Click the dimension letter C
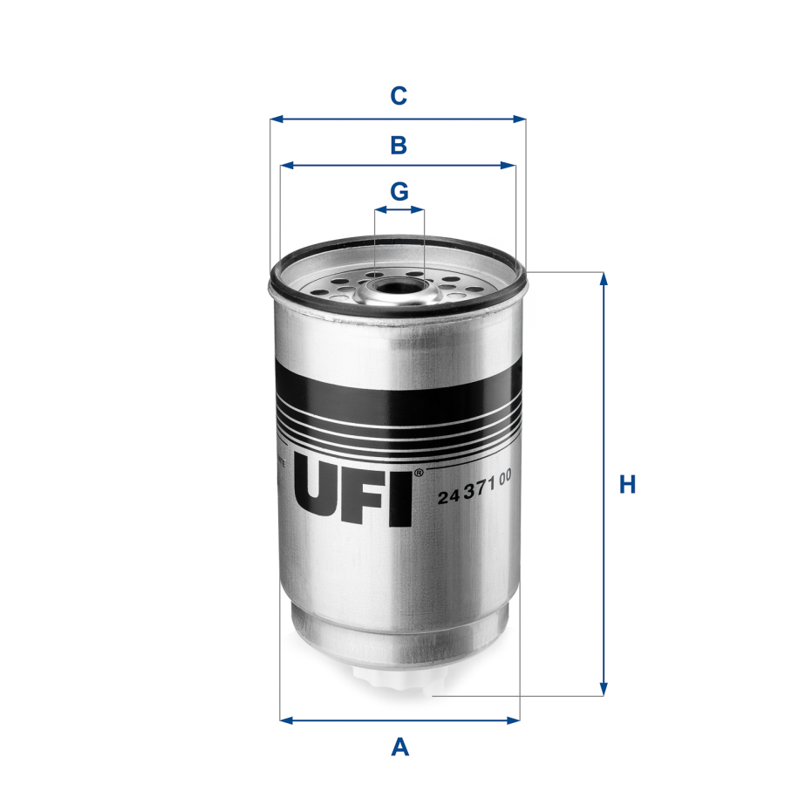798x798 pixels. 399,96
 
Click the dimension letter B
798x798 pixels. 399,146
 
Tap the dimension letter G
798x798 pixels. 399,191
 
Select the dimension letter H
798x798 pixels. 627,485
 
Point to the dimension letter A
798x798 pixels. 399,747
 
